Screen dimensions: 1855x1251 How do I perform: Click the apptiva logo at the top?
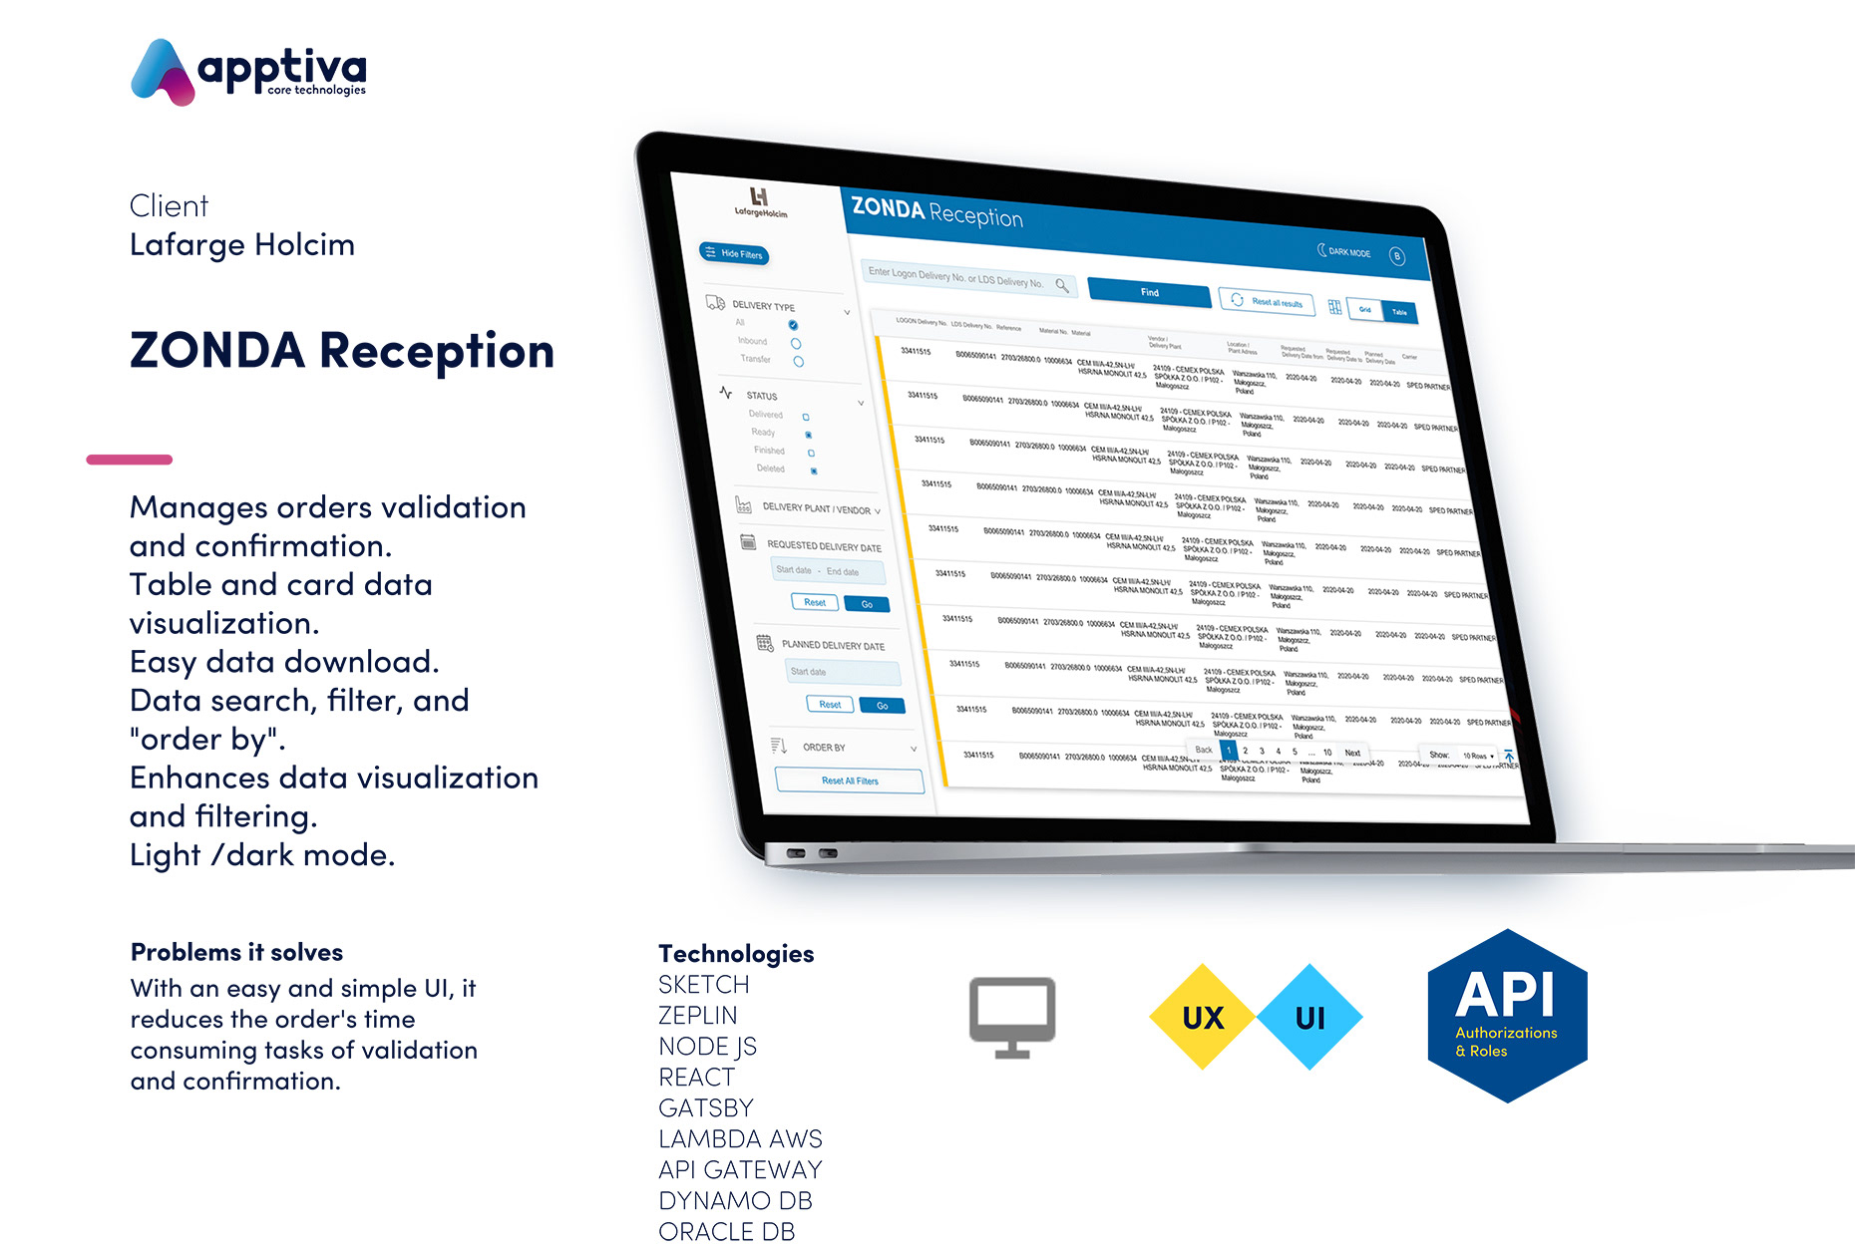click(249, 72)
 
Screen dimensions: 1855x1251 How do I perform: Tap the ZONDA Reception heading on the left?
click(341, 351)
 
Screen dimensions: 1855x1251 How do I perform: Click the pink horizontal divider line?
click(130, 460)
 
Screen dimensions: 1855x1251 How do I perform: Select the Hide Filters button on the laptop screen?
click(735, 253)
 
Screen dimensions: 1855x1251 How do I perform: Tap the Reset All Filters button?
click(850, 781)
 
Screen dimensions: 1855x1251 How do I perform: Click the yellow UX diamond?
click(1202, 1017)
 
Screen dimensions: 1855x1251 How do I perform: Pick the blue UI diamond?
click(1309, 1017)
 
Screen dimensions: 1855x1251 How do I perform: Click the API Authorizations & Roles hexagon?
click(1507, 1016)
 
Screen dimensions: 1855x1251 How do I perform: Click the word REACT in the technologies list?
click(696, 1078)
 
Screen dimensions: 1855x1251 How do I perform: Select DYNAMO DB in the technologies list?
click(735, 1201)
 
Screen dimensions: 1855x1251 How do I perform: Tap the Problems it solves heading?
click(236, 952)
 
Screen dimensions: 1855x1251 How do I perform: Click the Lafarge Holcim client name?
click(242, 245)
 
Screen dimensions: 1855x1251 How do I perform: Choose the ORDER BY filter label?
click(824, 747)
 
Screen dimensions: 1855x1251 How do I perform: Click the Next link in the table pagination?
click(1352, 753)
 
